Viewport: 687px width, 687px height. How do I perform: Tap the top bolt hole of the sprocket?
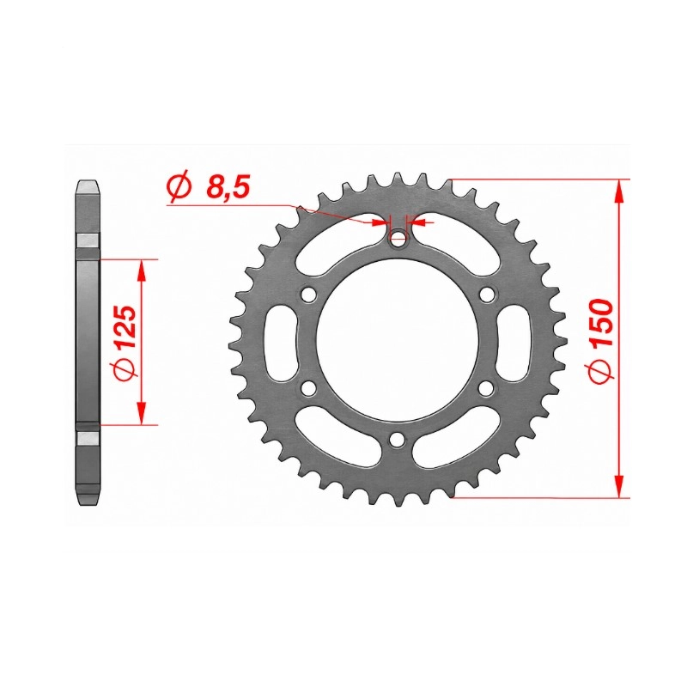click(398, 239)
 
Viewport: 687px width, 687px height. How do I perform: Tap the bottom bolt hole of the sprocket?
click(398, 439)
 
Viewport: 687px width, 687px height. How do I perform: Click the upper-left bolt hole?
click(309, 295)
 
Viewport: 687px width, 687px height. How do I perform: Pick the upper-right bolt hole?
click(486, 295)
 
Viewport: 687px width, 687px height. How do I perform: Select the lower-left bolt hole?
click(309, 388)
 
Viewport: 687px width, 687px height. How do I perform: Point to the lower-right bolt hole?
click(486, 388)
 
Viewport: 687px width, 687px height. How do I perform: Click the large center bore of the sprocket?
click(398, 340)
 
